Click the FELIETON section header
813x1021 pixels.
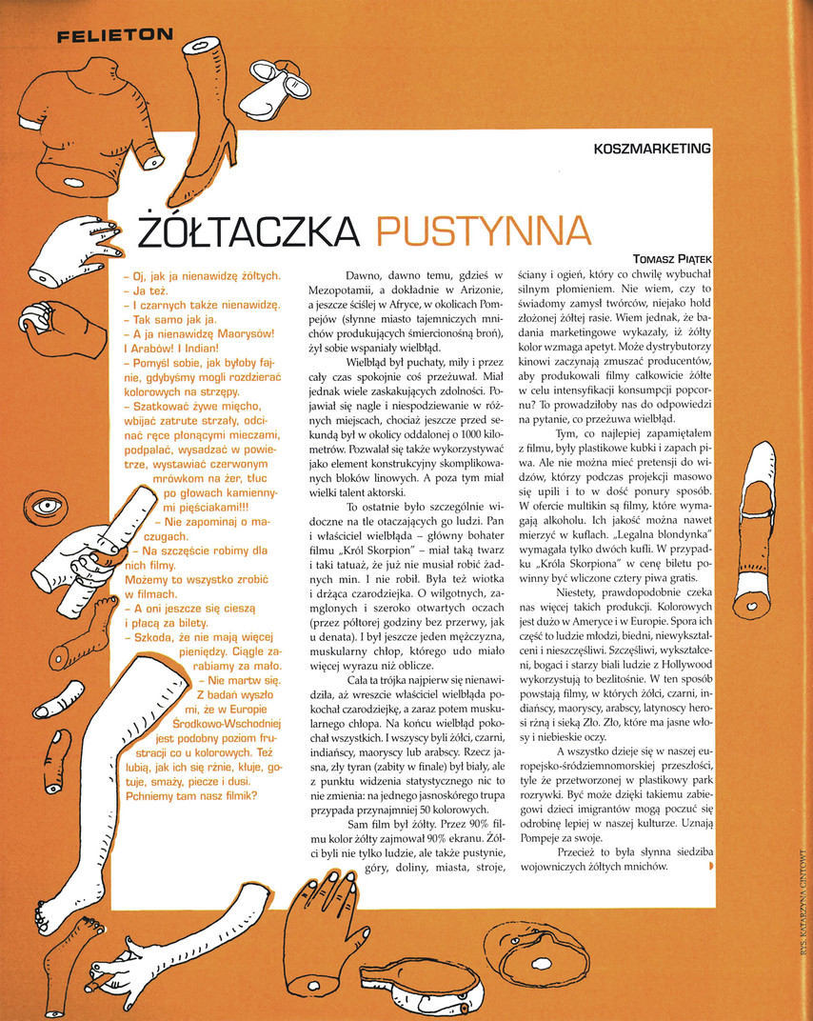114,37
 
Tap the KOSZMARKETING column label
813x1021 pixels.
652,149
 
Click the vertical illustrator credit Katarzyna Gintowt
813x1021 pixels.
802,914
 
